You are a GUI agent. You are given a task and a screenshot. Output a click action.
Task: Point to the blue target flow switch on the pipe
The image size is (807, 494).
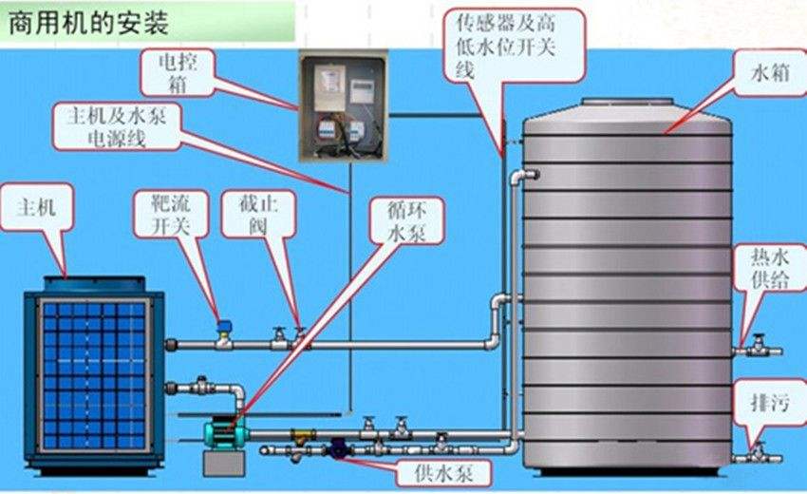coord(223,327)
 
